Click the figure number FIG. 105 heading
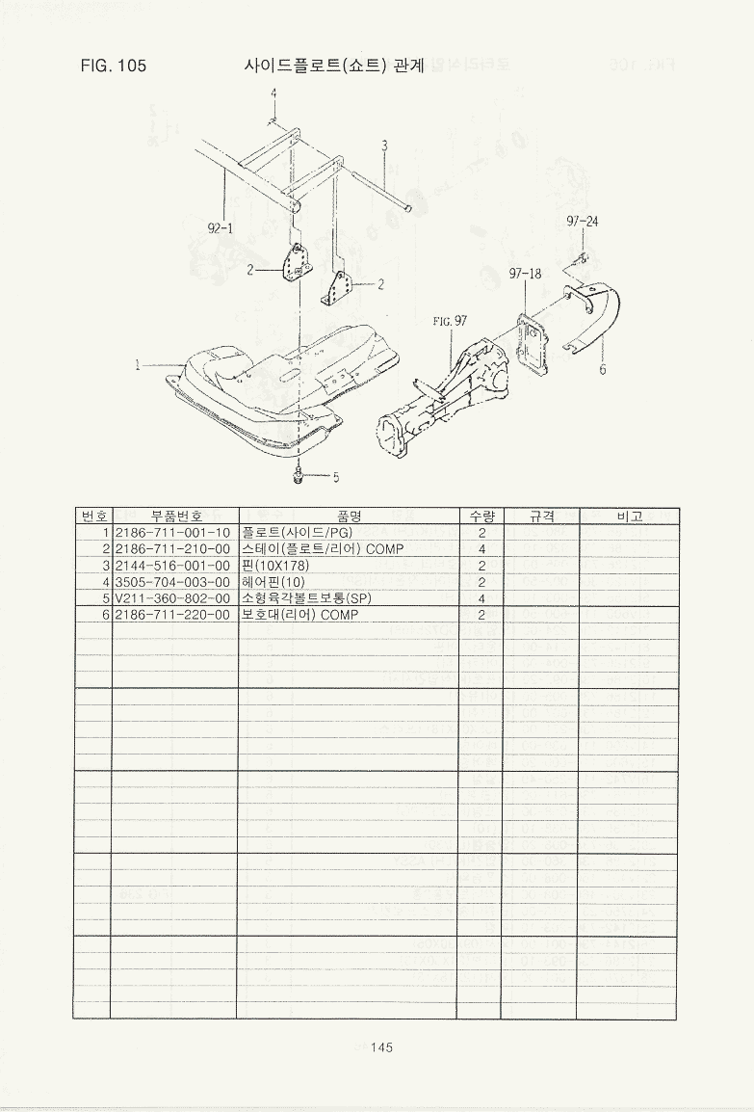(114, 66)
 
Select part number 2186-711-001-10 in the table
(173, 533)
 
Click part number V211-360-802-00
(173, 597)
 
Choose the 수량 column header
(481, 516)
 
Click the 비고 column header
(629, 516)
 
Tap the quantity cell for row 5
(481, 597)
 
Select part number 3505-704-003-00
(173, 581)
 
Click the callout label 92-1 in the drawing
(220, 227)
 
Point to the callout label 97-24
(583, 222)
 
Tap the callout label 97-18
(525, 273)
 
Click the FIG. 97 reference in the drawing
(451, 321)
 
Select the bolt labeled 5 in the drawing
(299, 476)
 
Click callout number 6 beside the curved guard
(603, 369)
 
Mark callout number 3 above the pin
(385, 146)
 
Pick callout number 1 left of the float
(138, 365)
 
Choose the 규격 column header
(542, 516)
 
